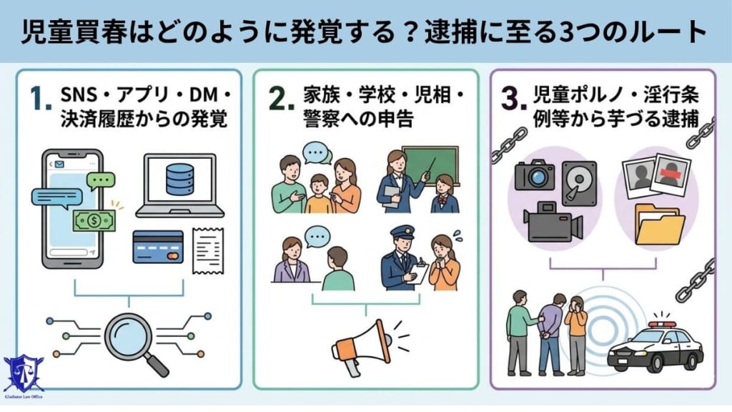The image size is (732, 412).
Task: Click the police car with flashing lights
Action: pos(655,344)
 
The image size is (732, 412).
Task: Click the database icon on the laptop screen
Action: pos(179,180)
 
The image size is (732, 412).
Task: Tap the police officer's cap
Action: pos(400,232)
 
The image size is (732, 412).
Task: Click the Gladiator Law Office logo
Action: pos(23,377)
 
